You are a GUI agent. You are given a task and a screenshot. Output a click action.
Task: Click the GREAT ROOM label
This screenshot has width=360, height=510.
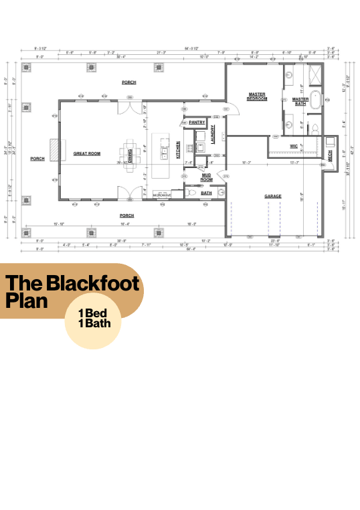point(87,154)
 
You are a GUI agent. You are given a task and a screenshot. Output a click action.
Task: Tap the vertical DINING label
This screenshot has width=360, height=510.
point(130,155)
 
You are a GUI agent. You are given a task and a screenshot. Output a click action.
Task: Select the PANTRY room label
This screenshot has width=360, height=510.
point(197,122)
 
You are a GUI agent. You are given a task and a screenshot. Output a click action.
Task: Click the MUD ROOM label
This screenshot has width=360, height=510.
point(207,178)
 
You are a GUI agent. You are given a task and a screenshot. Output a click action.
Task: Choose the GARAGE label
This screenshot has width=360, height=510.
point(272,196)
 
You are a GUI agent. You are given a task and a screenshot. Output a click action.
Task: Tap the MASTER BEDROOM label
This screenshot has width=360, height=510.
point(258,96)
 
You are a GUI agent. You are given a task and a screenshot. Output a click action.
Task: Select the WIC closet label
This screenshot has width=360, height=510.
point(294,145)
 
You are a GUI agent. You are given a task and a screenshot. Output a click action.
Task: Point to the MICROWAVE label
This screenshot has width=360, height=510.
point(163,195)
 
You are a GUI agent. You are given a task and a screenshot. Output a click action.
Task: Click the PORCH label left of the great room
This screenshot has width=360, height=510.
point(37,159)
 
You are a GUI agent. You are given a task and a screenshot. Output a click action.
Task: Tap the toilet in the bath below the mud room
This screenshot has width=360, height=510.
point(191,193)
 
